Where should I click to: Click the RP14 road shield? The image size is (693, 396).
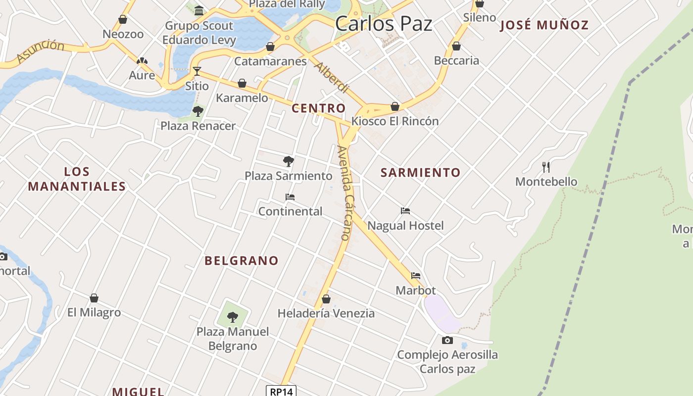coord(281,391)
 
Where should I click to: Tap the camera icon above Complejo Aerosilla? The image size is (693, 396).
coord(447,340)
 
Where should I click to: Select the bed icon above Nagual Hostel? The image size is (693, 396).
coord(405,211)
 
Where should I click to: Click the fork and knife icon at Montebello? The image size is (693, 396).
coord(546,167)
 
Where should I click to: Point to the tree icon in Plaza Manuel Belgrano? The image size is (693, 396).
coord(233,317)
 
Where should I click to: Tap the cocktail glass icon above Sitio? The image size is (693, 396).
coord(197,71)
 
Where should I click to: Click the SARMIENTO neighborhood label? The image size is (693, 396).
coord(420,172)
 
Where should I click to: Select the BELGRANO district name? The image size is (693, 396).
coord(242,260)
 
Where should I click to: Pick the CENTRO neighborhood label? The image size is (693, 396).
coord(319,108)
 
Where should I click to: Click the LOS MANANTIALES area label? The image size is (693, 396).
coord(77,179)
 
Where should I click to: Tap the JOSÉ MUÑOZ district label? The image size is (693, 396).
coord(544,25)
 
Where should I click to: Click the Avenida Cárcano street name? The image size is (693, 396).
coord(345,193)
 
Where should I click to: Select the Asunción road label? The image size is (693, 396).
coord(40,51)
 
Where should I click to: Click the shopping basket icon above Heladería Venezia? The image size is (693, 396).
coord(326,299)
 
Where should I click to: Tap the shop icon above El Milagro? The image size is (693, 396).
coord(94,298)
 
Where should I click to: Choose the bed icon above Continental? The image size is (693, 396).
coord(290,197)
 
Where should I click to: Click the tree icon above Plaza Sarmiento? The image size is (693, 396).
coord(288,161)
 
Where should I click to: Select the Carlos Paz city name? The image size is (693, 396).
coord(384,23)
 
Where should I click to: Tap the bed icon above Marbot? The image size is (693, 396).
coord(415,276)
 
